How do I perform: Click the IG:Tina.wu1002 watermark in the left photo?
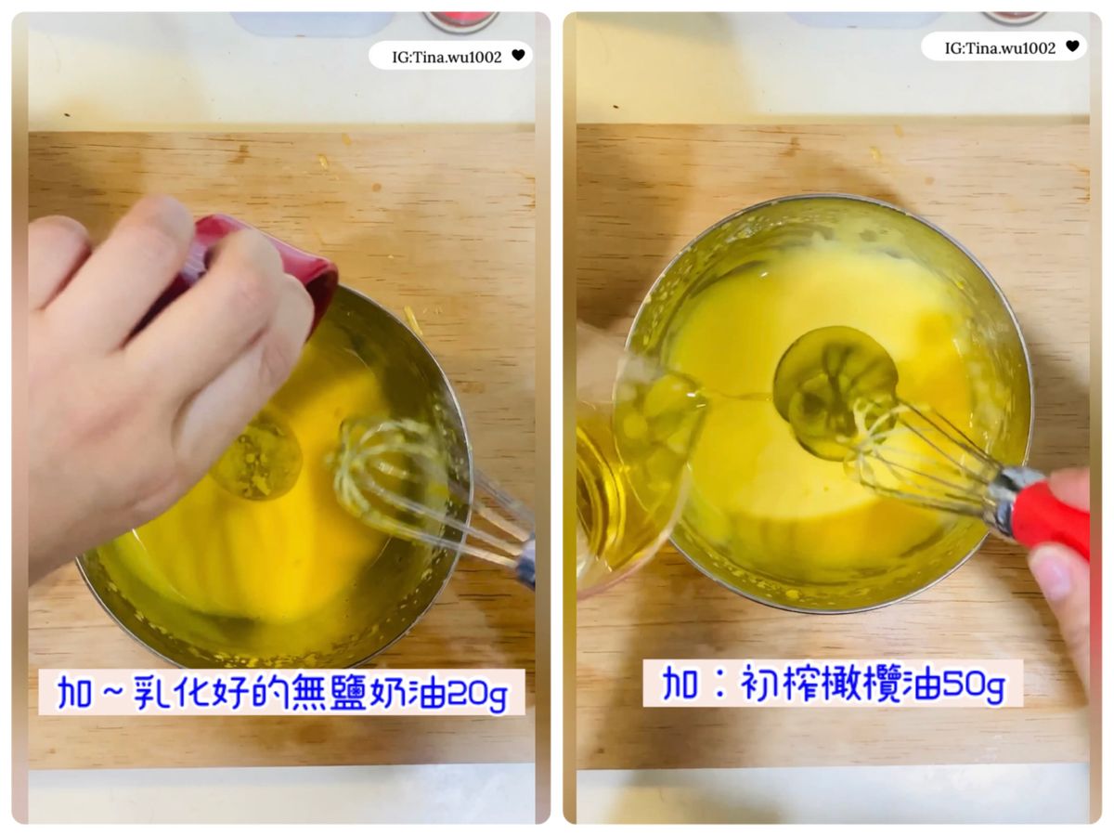tap(447, 57)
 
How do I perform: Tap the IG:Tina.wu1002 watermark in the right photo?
tap(1000, 48)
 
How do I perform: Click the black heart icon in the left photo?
tap(518, 54)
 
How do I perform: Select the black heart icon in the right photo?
tap(1072, 46)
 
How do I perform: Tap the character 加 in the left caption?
tap(74, 691)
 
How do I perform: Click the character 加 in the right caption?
tap(679, 683)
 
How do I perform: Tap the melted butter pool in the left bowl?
tap(259, 460)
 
